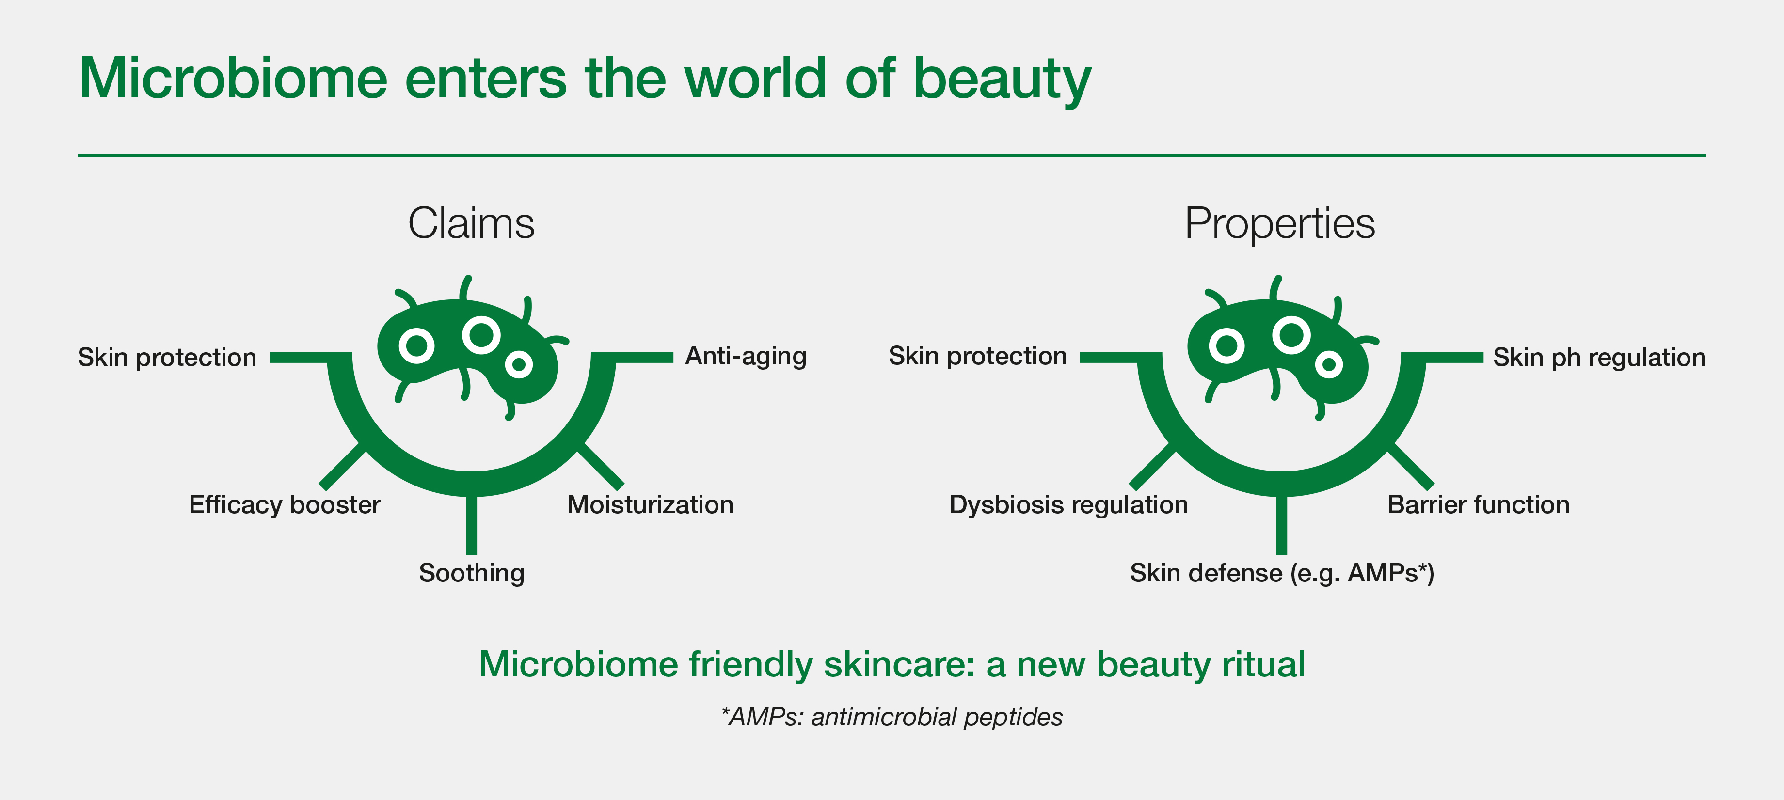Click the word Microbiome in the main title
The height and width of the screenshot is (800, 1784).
pos(233,78)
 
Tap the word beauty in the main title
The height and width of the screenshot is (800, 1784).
pos(1002,80)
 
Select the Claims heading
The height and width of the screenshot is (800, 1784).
pos(471,223)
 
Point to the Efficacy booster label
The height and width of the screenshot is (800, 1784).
pos(285,504)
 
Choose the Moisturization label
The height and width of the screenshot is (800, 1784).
pos(650,504)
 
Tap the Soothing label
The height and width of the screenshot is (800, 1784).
pos(472,573)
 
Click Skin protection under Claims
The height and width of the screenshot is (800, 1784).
pos(167,357)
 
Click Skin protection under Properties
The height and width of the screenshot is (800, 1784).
pos(978,356)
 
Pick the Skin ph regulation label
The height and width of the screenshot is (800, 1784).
pos(1599,357)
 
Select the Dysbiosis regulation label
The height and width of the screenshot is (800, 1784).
pos(1068,504)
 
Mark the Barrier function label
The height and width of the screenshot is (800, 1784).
pos(1479,504)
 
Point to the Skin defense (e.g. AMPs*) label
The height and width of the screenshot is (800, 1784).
pos(1282,573)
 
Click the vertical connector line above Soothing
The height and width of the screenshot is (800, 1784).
pos(472,525)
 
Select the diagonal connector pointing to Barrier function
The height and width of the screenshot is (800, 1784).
pos(1410,467)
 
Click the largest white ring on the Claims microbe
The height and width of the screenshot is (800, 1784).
pos(481,335)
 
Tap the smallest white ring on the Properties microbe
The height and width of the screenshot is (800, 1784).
pos(1329,364)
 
